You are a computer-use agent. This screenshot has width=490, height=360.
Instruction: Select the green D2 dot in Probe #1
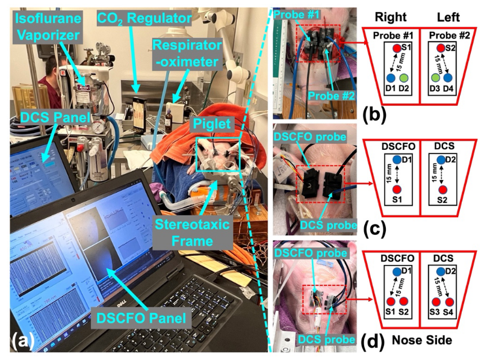[405, 78]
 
